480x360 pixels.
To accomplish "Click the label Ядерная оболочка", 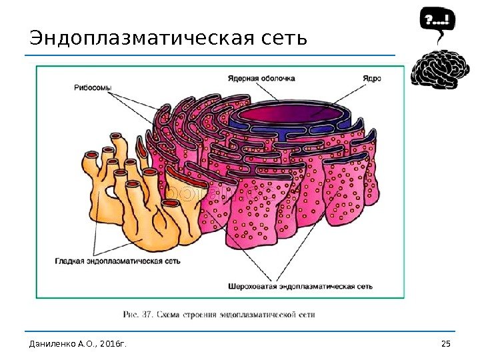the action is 261,78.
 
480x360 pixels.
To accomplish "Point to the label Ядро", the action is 372,78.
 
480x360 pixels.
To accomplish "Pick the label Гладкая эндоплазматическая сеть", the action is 117,261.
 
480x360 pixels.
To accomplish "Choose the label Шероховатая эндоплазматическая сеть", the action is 300,286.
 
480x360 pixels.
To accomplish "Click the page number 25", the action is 447,344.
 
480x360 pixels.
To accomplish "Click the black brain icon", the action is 437,69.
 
